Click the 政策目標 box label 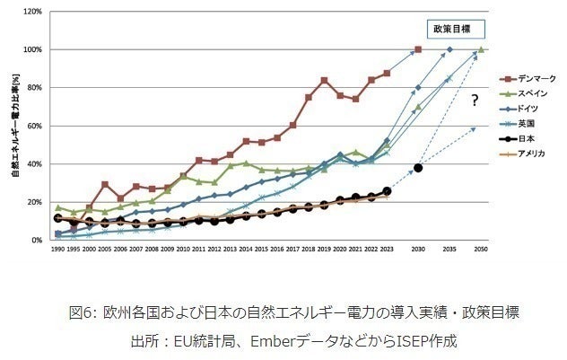tap(454, 29)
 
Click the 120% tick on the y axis tap(33, 12)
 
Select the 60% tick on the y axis tap(36, 126)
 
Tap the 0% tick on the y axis tap(38, 241)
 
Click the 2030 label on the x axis tap(417, 250)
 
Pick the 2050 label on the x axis tap(482, 250)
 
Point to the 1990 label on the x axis tap(58, 250)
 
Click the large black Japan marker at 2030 tap(418, 168)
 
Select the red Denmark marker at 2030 tap(418, 49)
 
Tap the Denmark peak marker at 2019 tap(324, 81)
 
